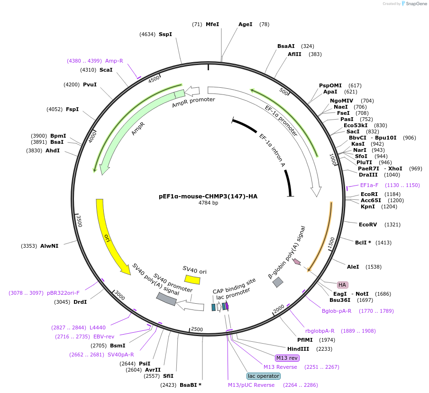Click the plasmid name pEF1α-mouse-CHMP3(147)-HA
208,196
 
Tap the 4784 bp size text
208,203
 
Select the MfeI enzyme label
212,24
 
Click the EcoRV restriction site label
368,225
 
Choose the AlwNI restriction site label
49,246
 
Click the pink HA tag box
342,285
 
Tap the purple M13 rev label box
287,357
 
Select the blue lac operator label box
264,376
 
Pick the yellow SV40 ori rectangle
192,280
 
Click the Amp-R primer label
114,61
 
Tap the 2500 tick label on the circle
197,329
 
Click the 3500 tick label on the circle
80,221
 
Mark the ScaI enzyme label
106,70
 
